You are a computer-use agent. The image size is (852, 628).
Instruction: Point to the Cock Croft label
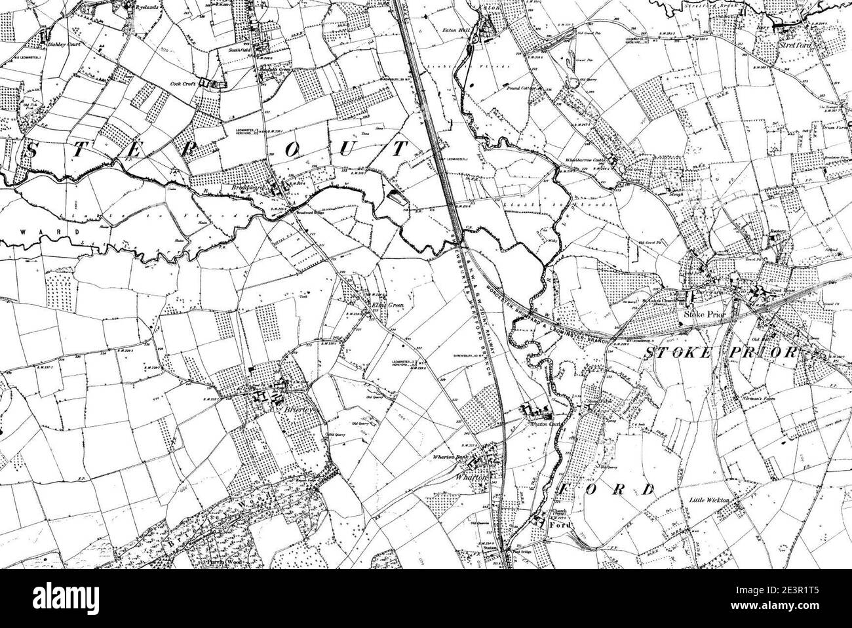(x=184, y=84)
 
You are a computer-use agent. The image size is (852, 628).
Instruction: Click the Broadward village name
(x=261, y=186)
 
